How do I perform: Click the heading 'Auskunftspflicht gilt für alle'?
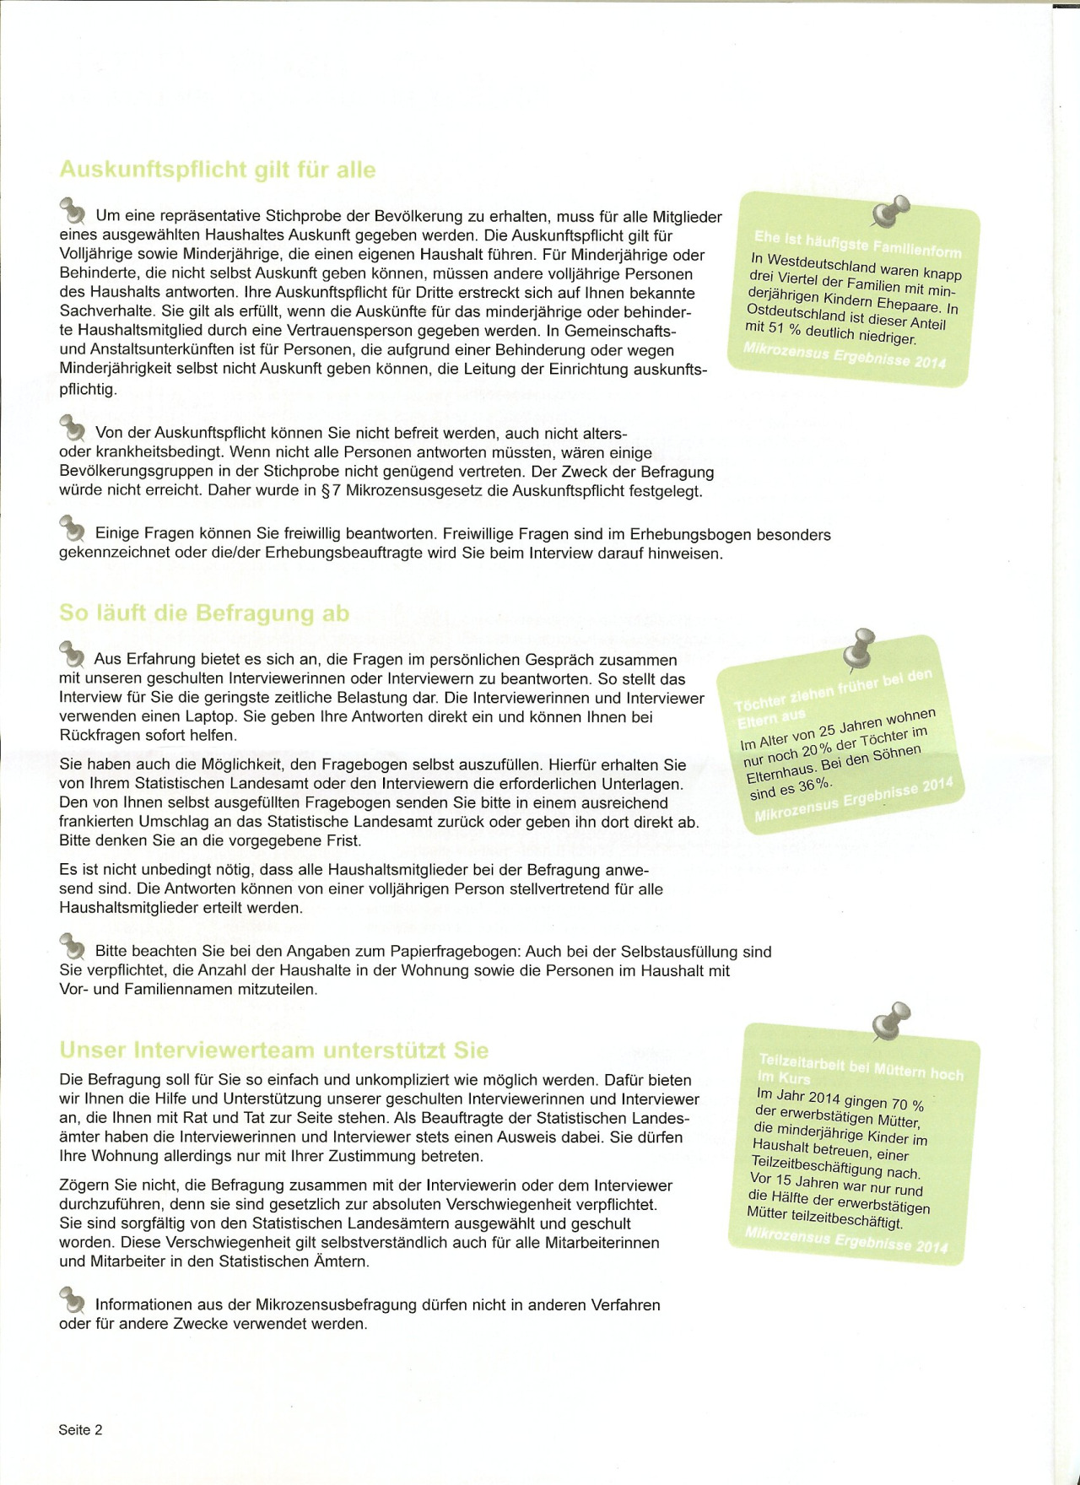(x=217, y=170)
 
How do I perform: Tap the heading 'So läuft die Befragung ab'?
(x=203, y=613)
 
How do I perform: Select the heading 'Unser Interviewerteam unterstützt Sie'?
(x=273, y=1050)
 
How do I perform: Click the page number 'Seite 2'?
(x=80, y=1429)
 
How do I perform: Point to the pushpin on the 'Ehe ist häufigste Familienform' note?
(x=890, y=211)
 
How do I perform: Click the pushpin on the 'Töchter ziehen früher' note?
(x=861, y=648)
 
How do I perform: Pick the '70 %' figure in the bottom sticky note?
(x=907, y=1105)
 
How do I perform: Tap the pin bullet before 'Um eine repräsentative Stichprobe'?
(x=73, y=209)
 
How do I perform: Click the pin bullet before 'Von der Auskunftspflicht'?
(x=73, y=428)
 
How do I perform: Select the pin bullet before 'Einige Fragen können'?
(x=73, y=528)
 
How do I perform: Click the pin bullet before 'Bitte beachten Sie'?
(x=73, y=946)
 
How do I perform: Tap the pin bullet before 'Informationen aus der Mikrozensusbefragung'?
(x=73, y=1299)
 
